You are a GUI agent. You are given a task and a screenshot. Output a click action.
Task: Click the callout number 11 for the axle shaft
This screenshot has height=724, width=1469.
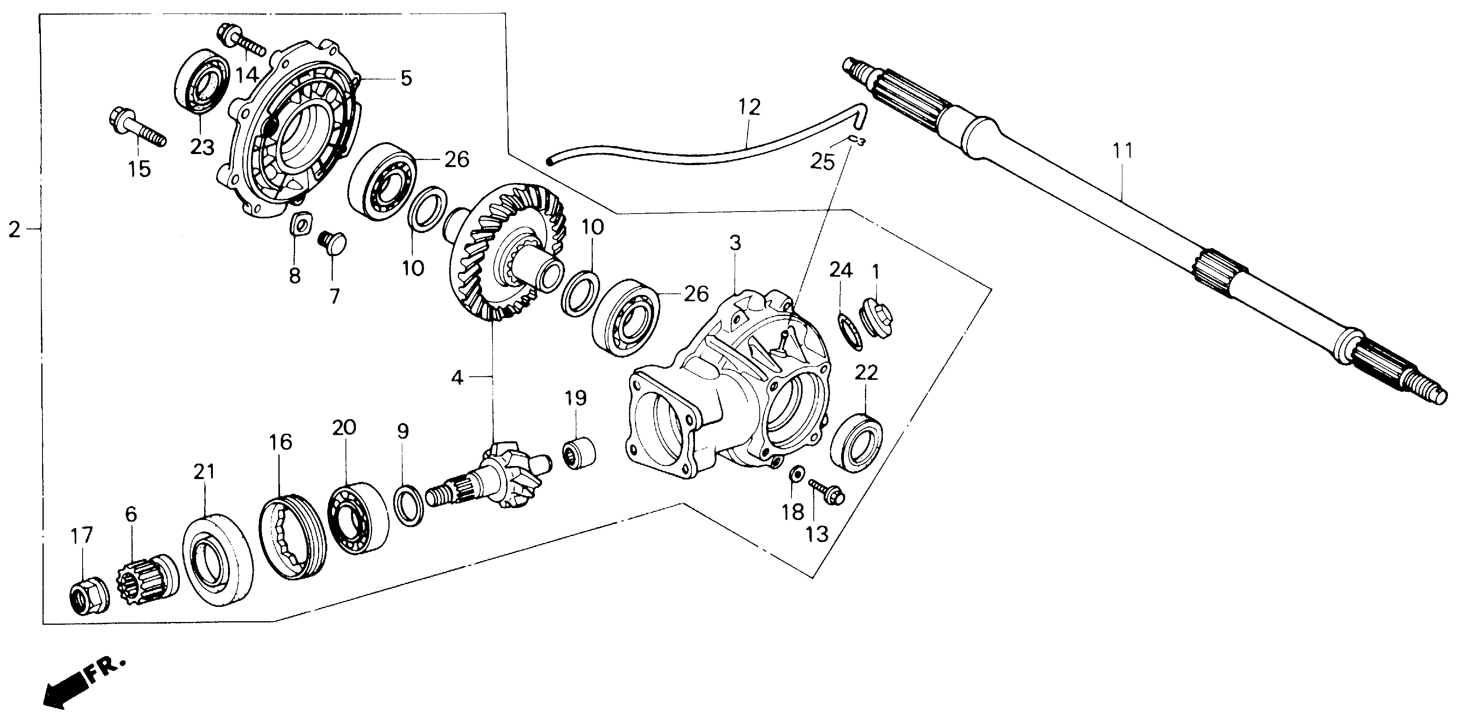pos(1123,152)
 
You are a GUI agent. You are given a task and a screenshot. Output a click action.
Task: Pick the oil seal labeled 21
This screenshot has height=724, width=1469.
pos(217,559)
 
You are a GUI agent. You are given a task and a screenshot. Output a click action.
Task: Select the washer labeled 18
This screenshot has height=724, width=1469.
pos(796,473)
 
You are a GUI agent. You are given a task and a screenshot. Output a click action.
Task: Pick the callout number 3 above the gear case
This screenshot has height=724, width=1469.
pos(735,243)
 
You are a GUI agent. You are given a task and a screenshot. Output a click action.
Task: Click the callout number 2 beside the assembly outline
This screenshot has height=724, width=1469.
pos(14,230)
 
